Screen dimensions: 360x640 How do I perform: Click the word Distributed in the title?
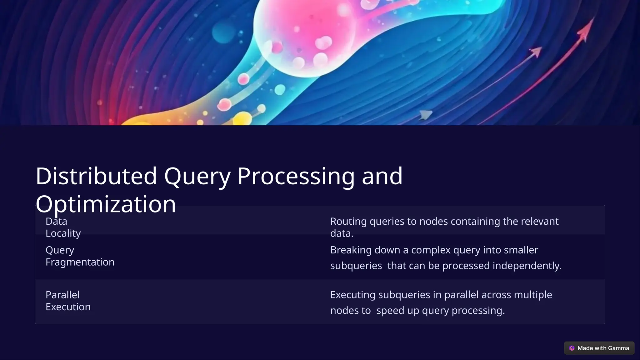(96, 176)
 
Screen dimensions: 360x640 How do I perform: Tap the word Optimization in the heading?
(106, 204)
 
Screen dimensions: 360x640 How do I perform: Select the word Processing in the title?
(296, 176)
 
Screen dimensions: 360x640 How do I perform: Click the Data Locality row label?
(63, 227)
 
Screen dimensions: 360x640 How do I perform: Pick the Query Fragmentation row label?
(80, 256)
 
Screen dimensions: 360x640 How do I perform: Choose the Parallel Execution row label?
(68, 301)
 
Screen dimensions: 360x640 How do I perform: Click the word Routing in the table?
(348, 221)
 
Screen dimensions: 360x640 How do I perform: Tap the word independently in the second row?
(527, 266)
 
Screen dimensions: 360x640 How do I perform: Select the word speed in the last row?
(390, 310)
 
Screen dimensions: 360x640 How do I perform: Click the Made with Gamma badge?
(599, 348)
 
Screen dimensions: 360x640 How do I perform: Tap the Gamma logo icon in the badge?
(572, 348)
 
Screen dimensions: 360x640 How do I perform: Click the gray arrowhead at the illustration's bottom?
(426, 115)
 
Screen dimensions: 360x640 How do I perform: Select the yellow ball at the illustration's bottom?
(242, 120)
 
